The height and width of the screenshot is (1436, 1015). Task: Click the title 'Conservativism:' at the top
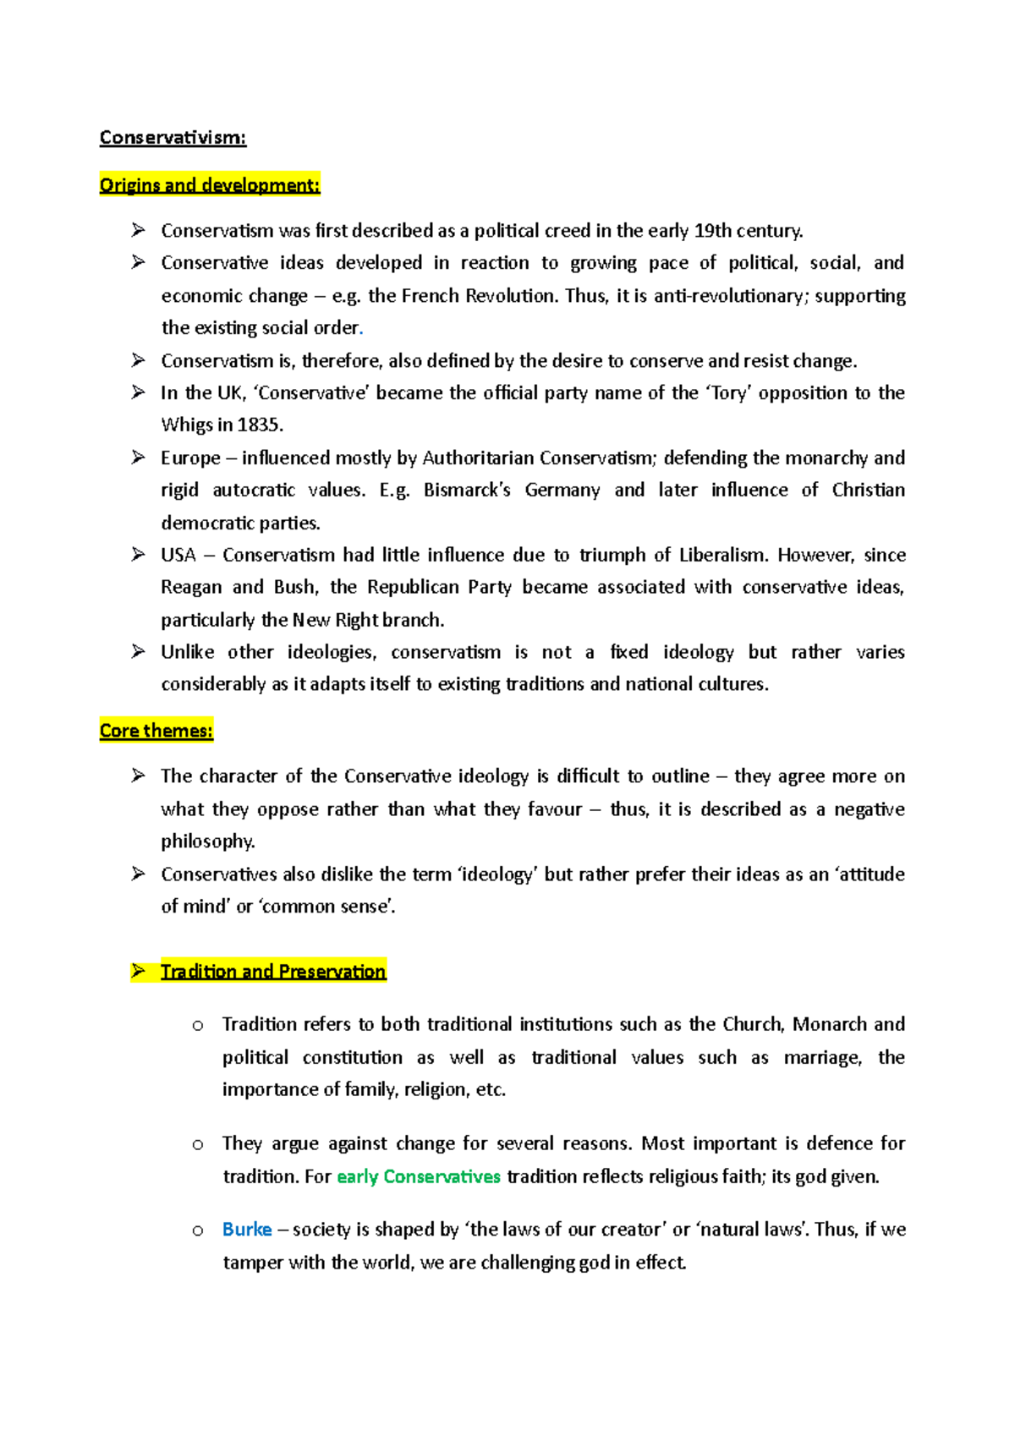(173, 138)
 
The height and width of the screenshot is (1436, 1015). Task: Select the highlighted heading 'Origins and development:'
(210, 185)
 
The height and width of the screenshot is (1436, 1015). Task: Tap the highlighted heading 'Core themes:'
(156, 731)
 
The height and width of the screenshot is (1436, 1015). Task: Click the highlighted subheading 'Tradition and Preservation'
(273, 972)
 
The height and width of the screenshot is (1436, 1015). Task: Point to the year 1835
(261, 425)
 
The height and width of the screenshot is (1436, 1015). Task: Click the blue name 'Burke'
(247, 1230)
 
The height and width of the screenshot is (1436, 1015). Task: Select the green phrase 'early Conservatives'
(419, 1177)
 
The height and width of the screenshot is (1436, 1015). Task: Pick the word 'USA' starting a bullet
(178, 556)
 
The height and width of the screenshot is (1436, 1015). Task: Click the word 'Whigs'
(187, 425)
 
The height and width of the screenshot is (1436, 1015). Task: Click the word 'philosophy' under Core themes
(207, 841)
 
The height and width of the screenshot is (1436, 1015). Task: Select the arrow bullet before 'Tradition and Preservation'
(139, 971)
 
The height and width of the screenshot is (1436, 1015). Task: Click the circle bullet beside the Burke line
(198, 1230)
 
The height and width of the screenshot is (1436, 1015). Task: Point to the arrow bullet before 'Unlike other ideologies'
(139, 652)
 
